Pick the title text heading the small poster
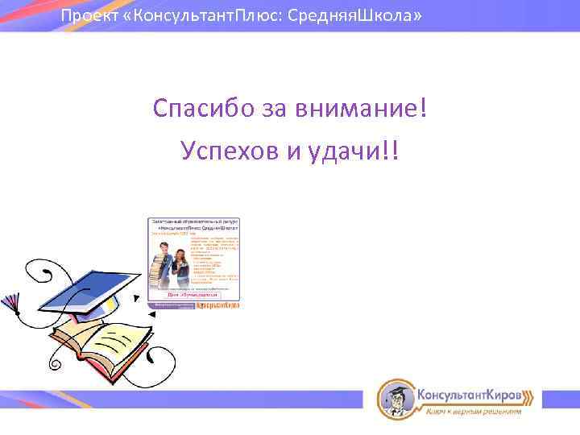194,224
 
